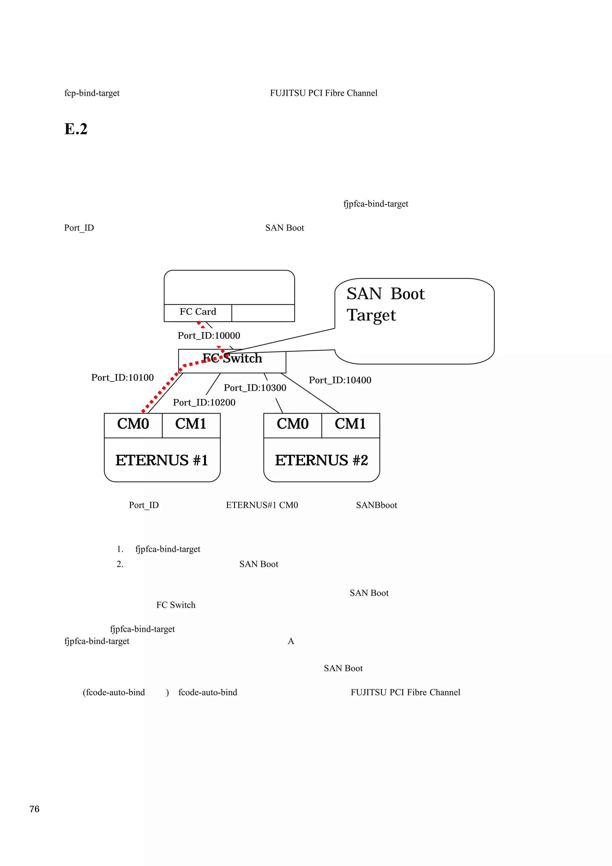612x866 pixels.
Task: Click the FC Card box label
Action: [x=198, y=312]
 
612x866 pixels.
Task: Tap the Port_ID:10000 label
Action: [x=209, y=336]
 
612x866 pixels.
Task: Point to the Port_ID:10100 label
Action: [x=122, y=377]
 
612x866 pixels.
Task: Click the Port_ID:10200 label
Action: [x=204, y=403]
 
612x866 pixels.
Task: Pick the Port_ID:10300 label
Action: [x=255, y=388]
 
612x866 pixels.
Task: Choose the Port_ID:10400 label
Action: [x=340, y=380]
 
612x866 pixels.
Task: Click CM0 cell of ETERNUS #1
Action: [x=133, y=424]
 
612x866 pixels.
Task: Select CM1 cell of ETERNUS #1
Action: [x=191, y=424]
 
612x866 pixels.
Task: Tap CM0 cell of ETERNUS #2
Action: [x=293, y=424]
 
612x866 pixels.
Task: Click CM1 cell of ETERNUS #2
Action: [x=350, y=424]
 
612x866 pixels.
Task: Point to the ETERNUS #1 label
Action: [x=162, y=460]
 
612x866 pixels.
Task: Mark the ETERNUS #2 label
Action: [x=321, y=460]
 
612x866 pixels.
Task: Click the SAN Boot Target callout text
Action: [x=385, y=304]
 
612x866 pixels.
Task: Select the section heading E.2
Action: [x=76, y=129]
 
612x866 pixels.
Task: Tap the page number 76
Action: [x=34, y=809]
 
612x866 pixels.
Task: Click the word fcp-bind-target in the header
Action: [x=92, y=93]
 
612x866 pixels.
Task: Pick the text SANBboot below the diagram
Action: [x=376, y=505]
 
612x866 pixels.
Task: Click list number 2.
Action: [x=120, y=564]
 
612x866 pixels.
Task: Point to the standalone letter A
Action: [x=291, y=641]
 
